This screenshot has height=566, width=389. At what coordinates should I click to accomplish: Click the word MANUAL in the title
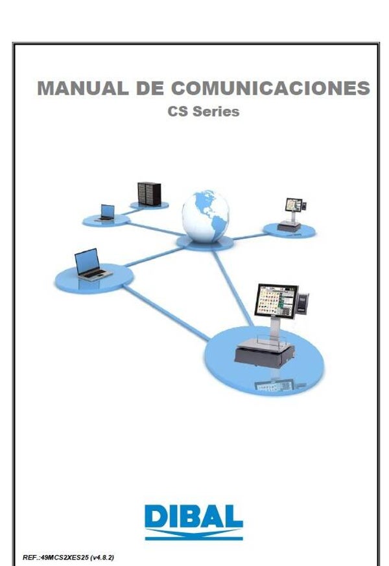point(82,88)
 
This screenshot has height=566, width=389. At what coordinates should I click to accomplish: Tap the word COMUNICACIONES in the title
point(270,88)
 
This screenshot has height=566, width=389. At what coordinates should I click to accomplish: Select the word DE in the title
point(149,88)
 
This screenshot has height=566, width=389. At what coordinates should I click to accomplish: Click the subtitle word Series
point(215,111)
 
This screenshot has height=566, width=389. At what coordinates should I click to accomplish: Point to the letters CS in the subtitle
point(178,111)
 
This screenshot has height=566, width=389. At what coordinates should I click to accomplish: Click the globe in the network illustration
point(206,216)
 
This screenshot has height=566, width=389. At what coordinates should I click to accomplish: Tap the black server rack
point(149,194)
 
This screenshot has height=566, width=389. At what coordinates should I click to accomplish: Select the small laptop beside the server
point(106,212)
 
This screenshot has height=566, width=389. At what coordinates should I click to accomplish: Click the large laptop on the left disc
point(93,264)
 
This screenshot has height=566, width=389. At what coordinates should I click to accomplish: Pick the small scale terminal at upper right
point(292,214)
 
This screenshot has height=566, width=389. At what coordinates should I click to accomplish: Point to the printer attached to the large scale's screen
point(303,302)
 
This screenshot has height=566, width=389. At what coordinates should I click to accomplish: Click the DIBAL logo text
point(194,517)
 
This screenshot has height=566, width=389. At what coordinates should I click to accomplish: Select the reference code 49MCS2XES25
point(65,558)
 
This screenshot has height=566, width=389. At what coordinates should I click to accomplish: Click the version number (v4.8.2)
point(102,558)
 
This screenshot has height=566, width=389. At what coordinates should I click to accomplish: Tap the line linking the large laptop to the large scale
point(167,313)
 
